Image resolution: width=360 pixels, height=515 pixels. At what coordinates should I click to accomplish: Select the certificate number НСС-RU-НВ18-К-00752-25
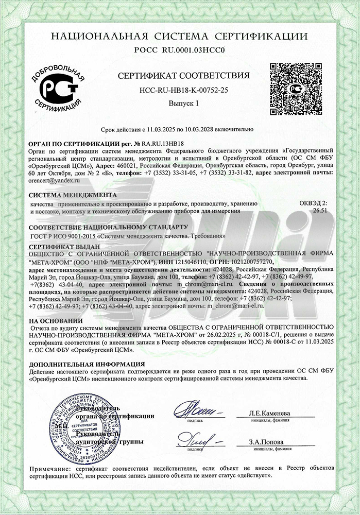pyautogui.click(x=184, y=90)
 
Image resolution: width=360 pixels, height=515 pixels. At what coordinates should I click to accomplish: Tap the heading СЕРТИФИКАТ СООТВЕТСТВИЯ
pyautogui.click(x=184, y=76)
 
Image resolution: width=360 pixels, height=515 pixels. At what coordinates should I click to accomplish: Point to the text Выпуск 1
pyautogui.click(x=184, y=104)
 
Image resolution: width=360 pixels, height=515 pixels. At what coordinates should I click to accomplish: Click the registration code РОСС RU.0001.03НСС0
pyautogui.click(x=180, y=50)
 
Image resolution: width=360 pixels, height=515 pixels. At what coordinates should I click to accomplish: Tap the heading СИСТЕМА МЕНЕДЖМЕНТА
pyautogui.click(x=73, y=195)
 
